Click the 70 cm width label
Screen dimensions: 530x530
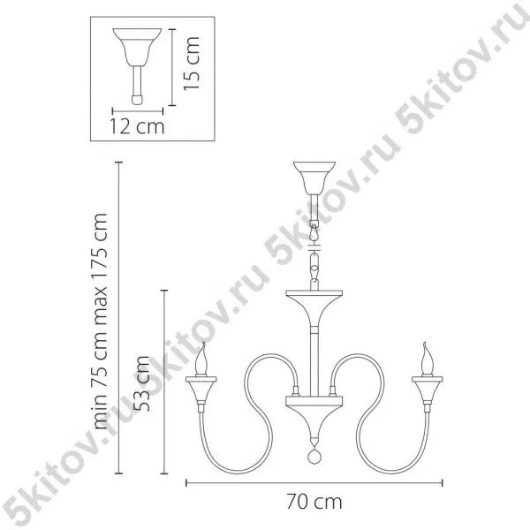tap(314, 502)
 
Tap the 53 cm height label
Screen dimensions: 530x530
tap(141, 383)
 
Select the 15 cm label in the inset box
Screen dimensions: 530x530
tap(192, 64)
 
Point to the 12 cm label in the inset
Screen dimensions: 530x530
tap(137, 126)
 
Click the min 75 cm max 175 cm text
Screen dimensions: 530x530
tap(101, 322)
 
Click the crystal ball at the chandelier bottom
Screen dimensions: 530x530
tap(314, 457)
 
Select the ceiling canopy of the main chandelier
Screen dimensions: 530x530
tap(314, 178)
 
